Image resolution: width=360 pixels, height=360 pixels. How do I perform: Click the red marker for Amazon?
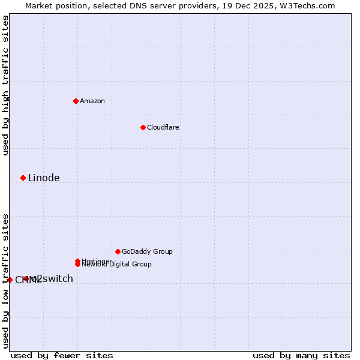pyautogui.click(x=76, y=101)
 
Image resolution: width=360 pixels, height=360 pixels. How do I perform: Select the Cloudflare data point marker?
pyautogui.click(x=143, y=127)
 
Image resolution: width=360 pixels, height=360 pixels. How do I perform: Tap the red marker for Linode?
pyautogui.click(x=23, y=178)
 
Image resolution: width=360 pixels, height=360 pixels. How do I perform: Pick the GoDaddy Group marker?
pyautogui.click(x=118, y=251)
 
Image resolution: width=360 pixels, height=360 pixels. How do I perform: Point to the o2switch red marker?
pyautogui.click(x=26, y=278)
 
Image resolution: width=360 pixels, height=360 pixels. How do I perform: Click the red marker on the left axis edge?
pyautogui.click(x=10, y=280)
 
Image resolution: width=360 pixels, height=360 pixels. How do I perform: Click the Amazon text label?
pyautogui.click(x=92, y=101)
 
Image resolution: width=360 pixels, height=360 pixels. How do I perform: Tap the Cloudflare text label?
pyautogui.click(x=163, y=127)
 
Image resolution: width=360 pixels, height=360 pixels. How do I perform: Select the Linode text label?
pyautogui.click(x=44, y=178)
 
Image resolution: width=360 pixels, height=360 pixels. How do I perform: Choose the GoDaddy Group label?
pyautogui.click(x=147, y=251)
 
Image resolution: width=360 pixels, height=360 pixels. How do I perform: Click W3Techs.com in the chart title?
pyautogui.click(x=307, y=5)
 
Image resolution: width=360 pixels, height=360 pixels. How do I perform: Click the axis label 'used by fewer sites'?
pyautogui.click(x=62, y=355)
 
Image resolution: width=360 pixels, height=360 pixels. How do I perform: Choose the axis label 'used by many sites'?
pyautogui.click(x=301, y=355)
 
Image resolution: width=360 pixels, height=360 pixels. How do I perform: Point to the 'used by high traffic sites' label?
pyautogui.click(x=5, y=86)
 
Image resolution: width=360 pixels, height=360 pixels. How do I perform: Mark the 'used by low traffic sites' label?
pyautogui.click(x=5, y=280)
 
